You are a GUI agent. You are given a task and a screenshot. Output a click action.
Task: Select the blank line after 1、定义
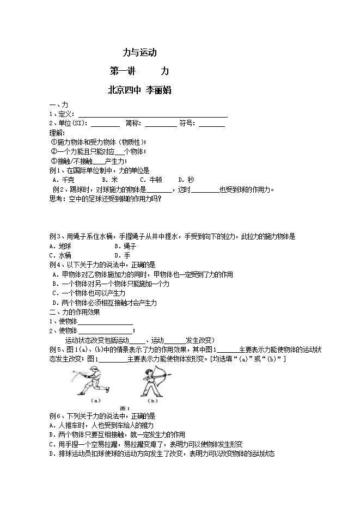[152, 114]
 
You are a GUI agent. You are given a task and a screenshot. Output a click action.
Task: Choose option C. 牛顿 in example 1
[151, 180]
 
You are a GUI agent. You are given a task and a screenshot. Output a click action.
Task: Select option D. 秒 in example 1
[186, 180]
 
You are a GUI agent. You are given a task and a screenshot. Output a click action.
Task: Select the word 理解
[56, 133]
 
